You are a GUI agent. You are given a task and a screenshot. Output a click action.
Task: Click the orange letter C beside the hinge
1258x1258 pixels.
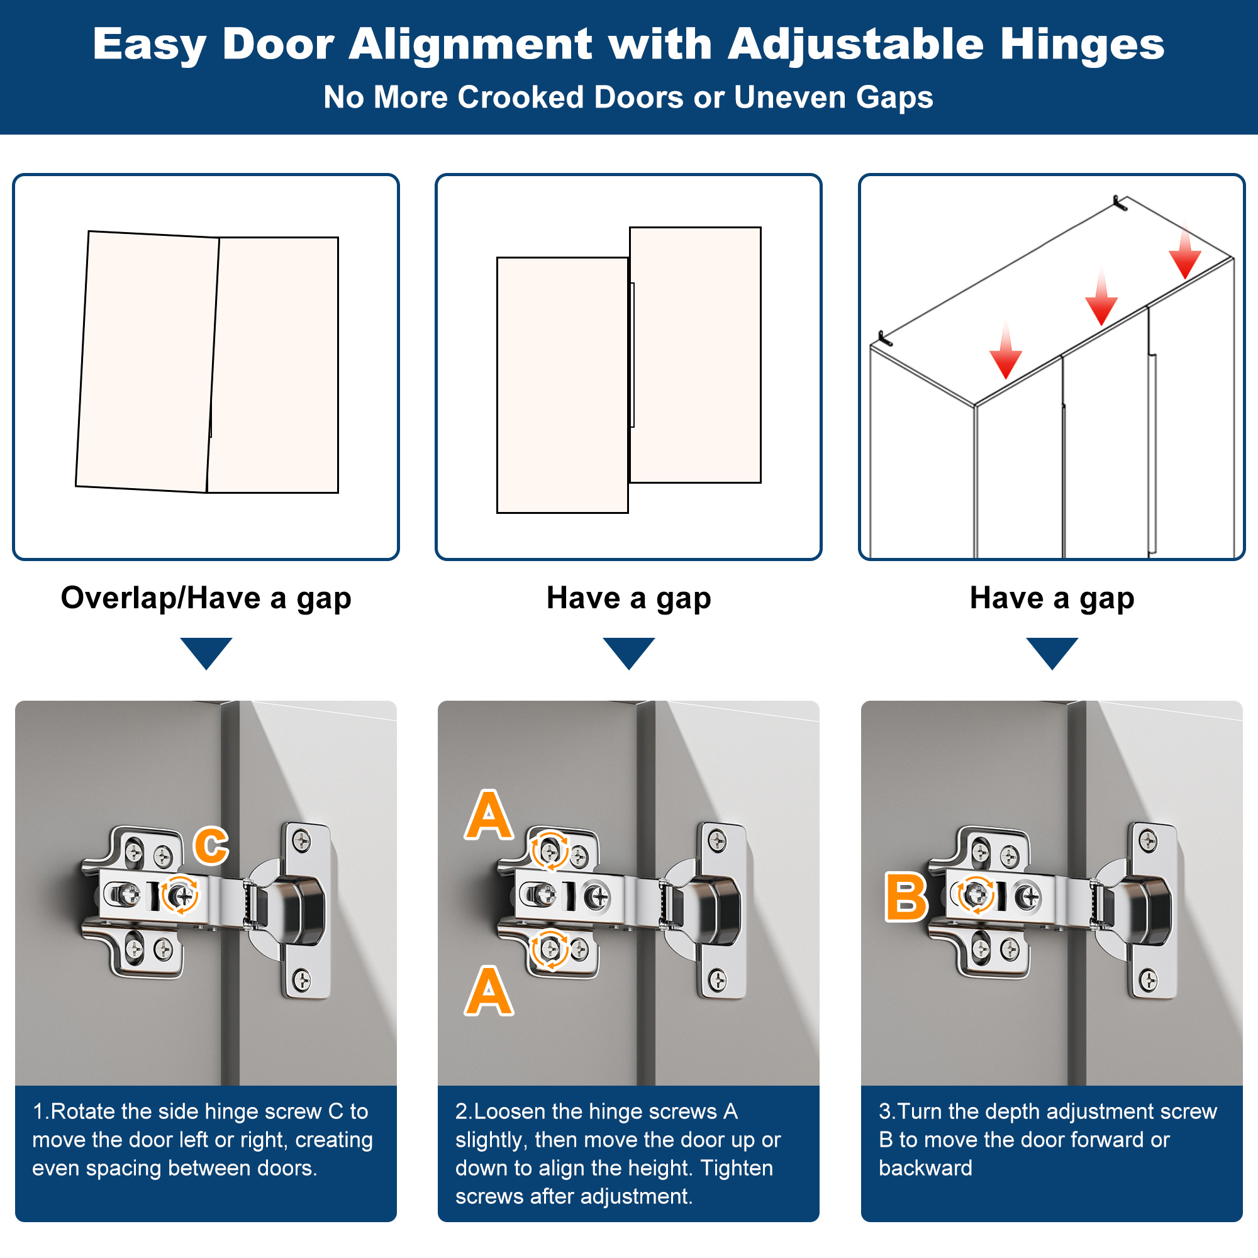click(x=211, y=846)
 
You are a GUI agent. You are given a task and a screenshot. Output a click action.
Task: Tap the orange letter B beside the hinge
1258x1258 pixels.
click(x=906, y=898)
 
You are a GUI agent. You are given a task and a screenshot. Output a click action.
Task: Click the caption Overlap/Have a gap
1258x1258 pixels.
click(x=206, y=598)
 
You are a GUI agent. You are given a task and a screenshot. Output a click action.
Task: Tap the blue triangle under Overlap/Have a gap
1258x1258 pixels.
click(x=206, y=653)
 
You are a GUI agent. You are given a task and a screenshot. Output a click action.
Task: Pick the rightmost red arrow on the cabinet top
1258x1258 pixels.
click(x=1184, y=251)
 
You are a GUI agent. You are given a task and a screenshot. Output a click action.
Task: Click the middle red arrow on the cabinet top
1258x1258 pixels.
click(x=1101, y=296)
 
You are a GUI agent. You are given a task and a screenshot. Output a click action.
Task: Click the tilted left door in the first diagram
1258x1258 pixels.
click(x=147, y=362)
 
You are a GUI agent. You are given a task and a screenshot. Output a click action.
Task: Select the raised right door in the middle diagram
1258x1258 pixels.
click(x=696, y=355)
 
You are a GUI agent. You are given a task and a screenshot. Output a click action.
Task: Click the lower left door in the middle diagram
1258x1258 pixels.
click(x=562, y=385)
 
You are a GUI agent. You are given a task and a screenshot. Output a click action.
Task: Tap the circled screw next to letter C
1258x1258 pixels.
click(x=180, y=896)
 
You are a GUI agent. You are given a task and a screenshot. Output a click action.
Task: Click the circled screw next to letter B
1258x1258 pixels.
click(x=975, y=894)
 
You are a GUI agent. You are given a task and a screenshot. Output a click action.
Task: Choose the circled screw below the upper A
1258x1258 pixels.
click(x=550, y=850)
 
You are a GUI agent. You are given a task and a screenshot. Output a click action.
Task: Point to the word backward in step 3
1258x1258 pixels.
click(x=925, y=1168)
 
